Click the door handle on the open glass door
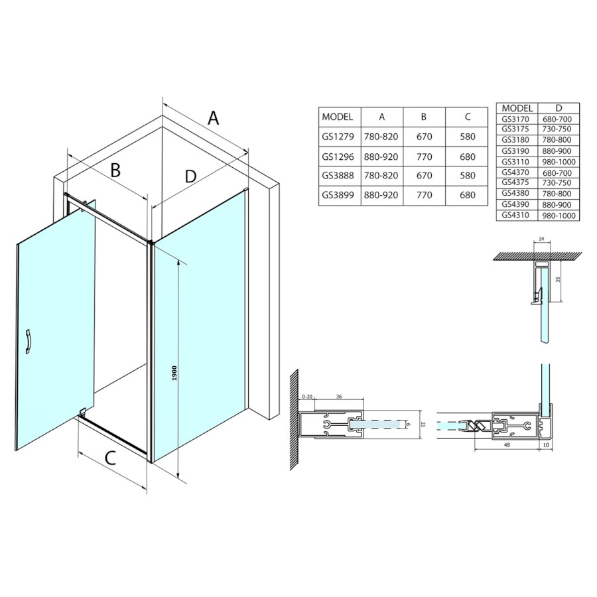pos(28,342)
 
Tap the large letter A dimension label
pos(214,117)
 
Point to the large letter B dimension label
pos(115,170)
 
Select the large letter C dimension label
pos(110,458)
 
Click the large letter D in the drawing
pos(190,176)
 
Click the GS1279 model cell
pos(338,136)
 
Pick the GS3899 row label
pos(338,195)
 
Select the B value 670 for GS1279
pos(424,136)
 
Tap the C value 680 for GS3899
pos(468,195)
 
